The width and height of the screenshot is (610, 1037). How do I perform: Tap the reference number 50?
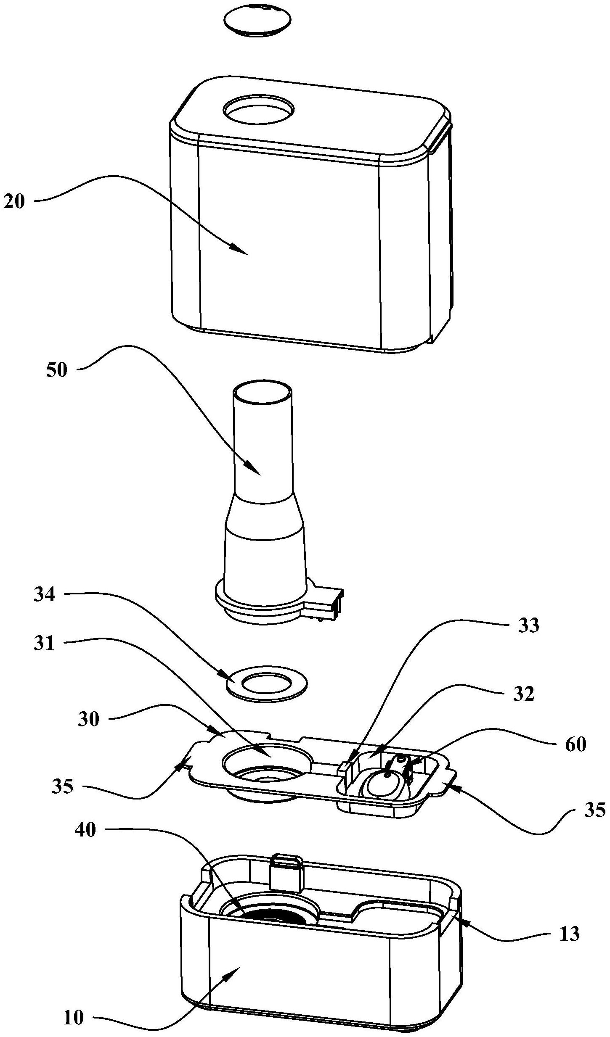[x=56, y=371]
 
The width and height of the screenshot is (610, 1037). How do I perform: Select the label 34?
[x=45, y=595]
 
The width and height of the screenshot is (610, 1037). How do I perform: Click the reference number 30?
[x=88, y=720]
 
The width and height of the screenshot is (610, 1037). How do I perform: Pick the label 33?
[x=529, y=626]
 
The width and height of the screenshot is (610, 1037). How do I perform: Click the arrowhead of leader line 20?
[x=242, y=251]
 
